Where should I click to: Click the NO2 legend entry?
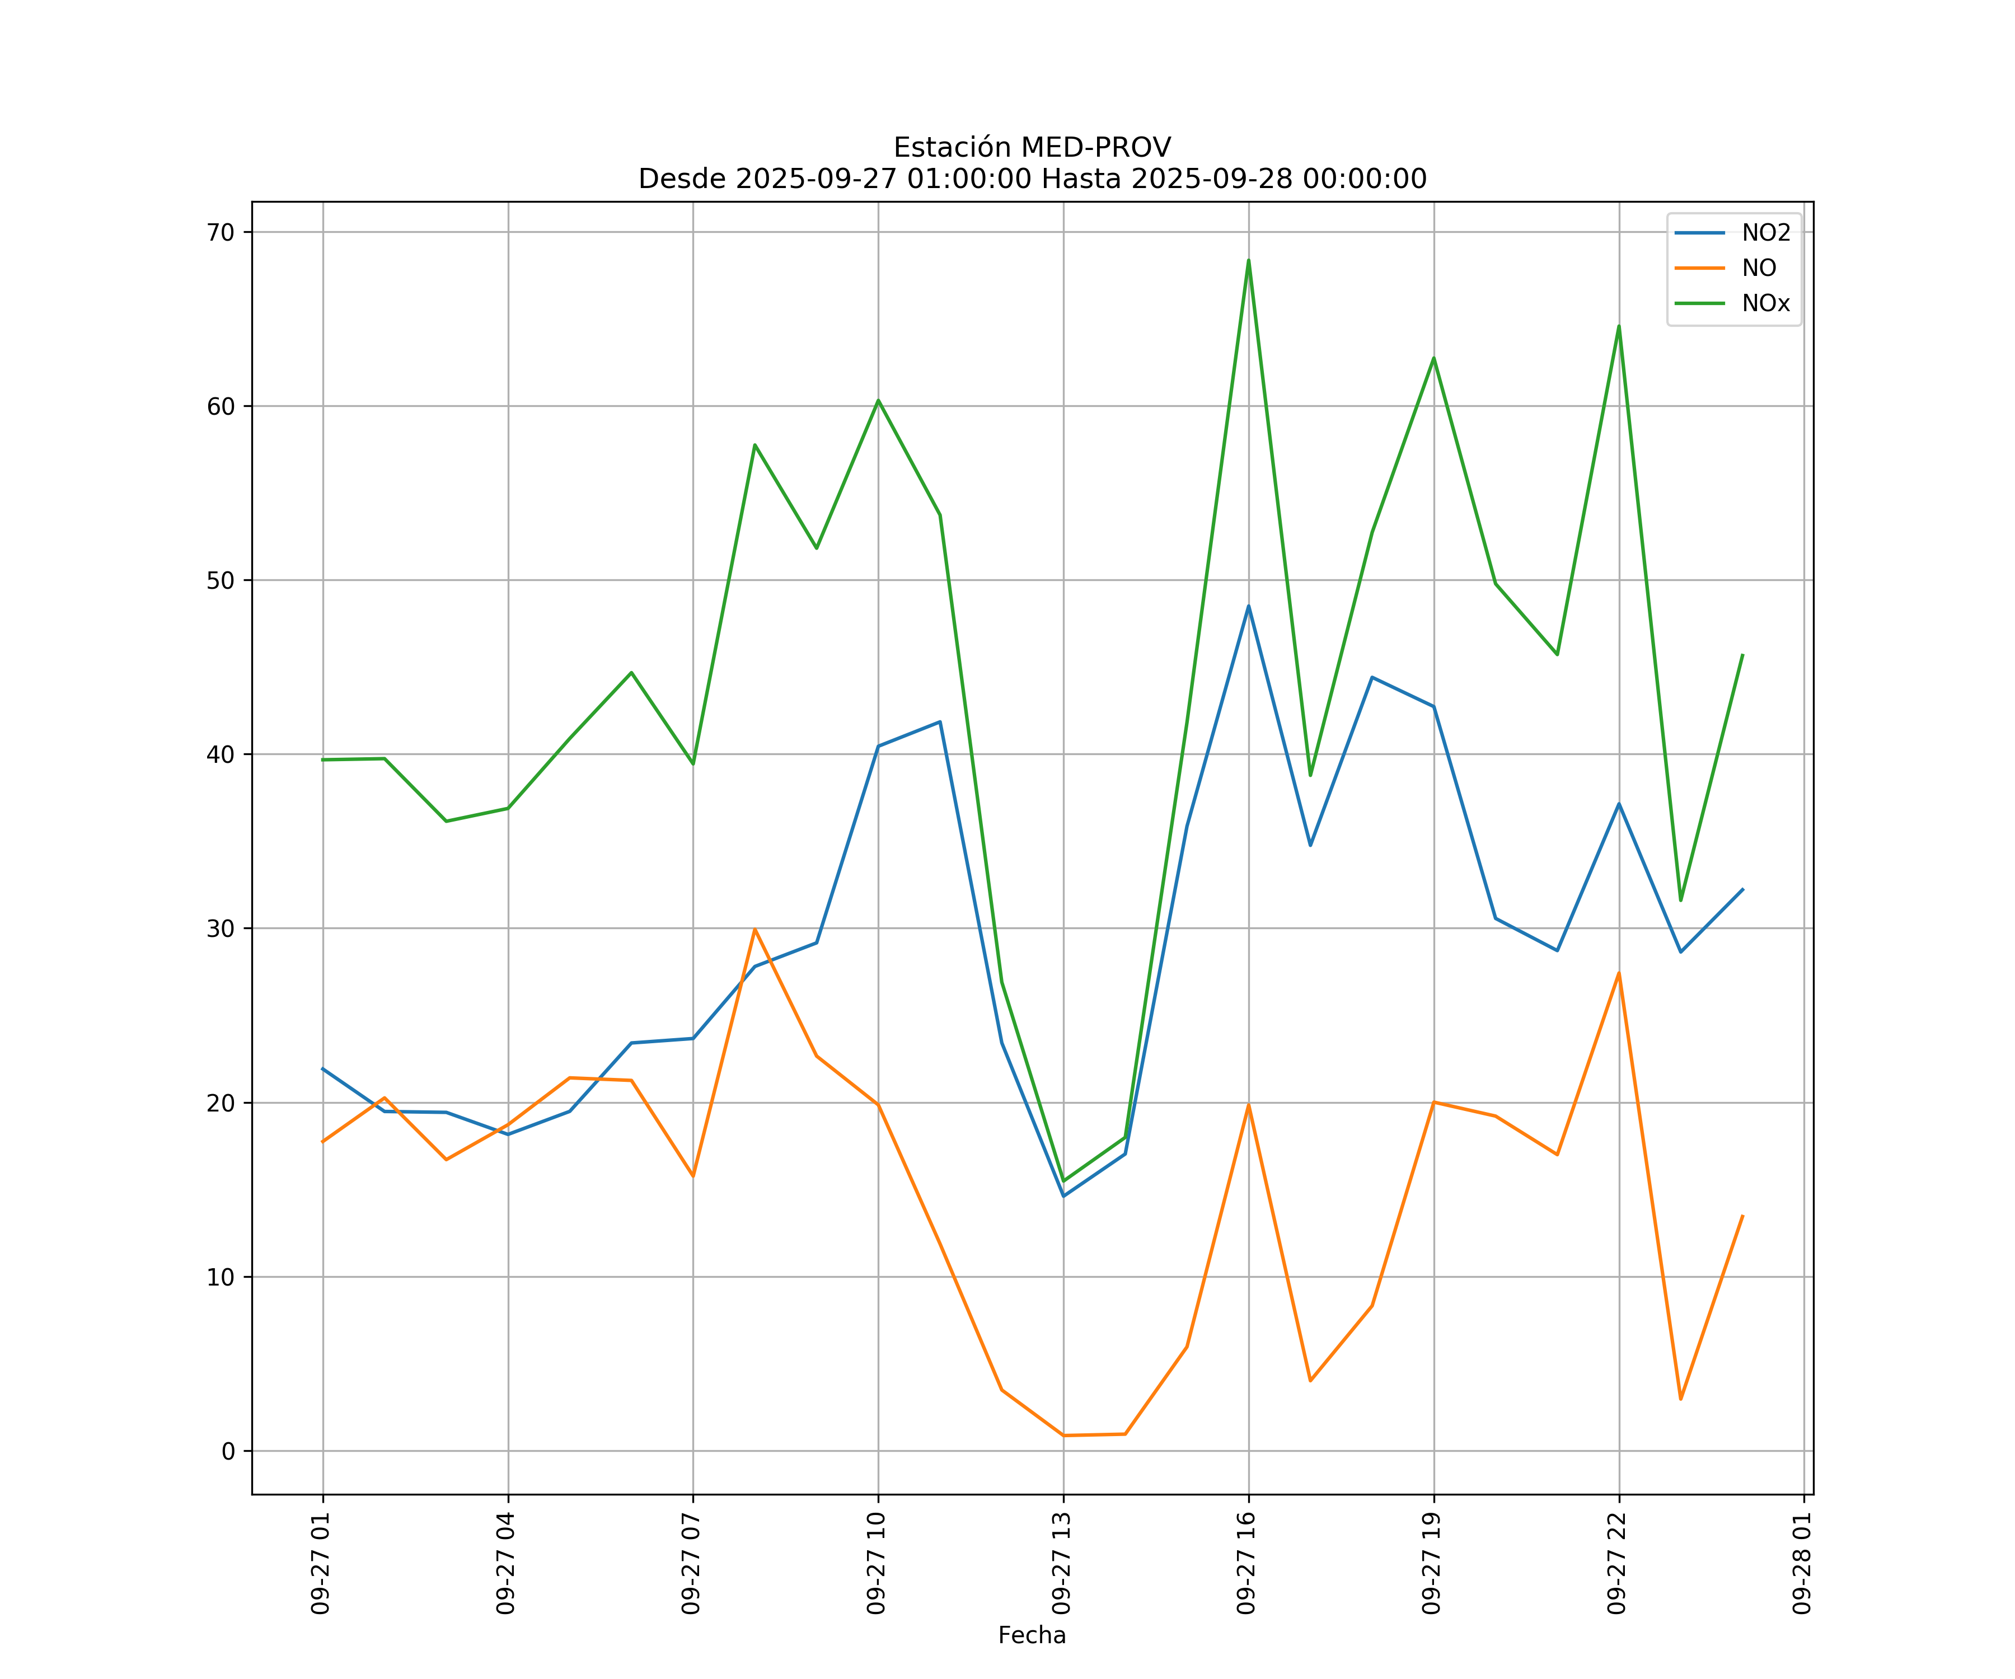[x=1765, y=233]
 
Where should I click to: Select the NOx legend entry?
[x=1765, y=303]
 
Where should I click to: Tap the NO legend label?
[x=1759, y=269]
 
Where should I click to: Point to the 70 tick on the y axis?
[x=221, y=232]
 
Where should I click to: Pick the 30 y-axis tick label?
[x=221, y=928]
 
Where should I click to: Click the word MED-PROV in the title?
[x=1096, y=148]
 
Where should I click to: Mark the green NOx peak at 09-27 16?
[x=1248, y=260]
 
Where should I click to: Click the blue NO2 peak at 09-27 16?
[x=1248, y=606]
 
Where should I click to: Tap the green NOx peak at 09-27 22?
[x=1619, y=326]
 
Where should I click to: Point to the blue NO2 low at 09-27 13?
[x=1063, y=1195]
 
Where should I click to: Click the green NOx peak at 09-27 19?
[x=1433, y=358]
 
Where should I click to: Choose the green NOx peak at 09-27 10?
[x=878, y=400]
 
